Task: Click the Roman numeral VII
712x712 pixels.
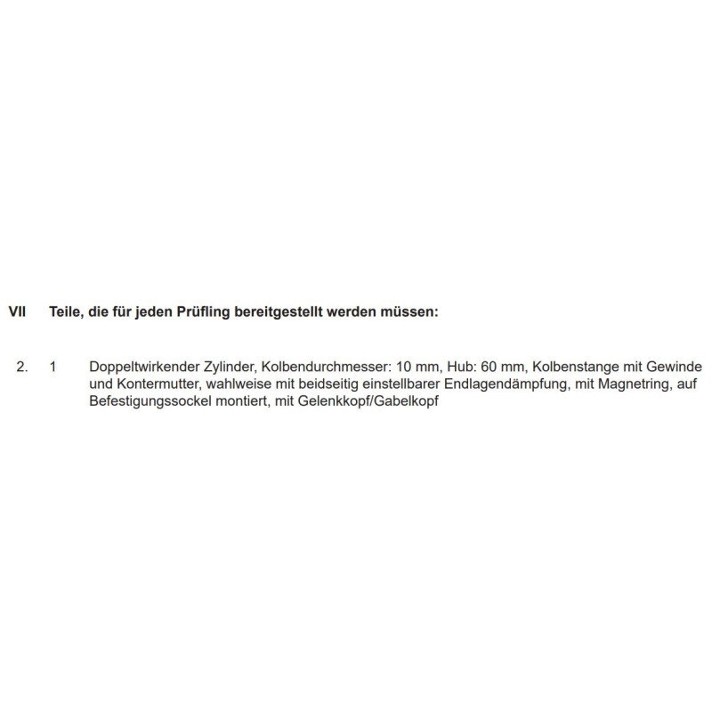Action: (17, 312)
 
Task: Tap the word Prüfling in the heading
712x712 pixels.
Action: (202, 312)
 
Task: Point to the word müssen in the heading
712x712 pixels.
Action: (410, 312)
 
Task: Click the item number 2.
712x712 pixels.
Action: (22, 367)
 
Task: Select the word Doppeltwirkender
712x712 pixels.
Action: (141, 367)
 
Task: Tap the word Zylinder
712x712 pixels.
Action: (223, 367)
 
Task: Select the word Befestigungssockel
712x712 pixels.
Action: (152, 402)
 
